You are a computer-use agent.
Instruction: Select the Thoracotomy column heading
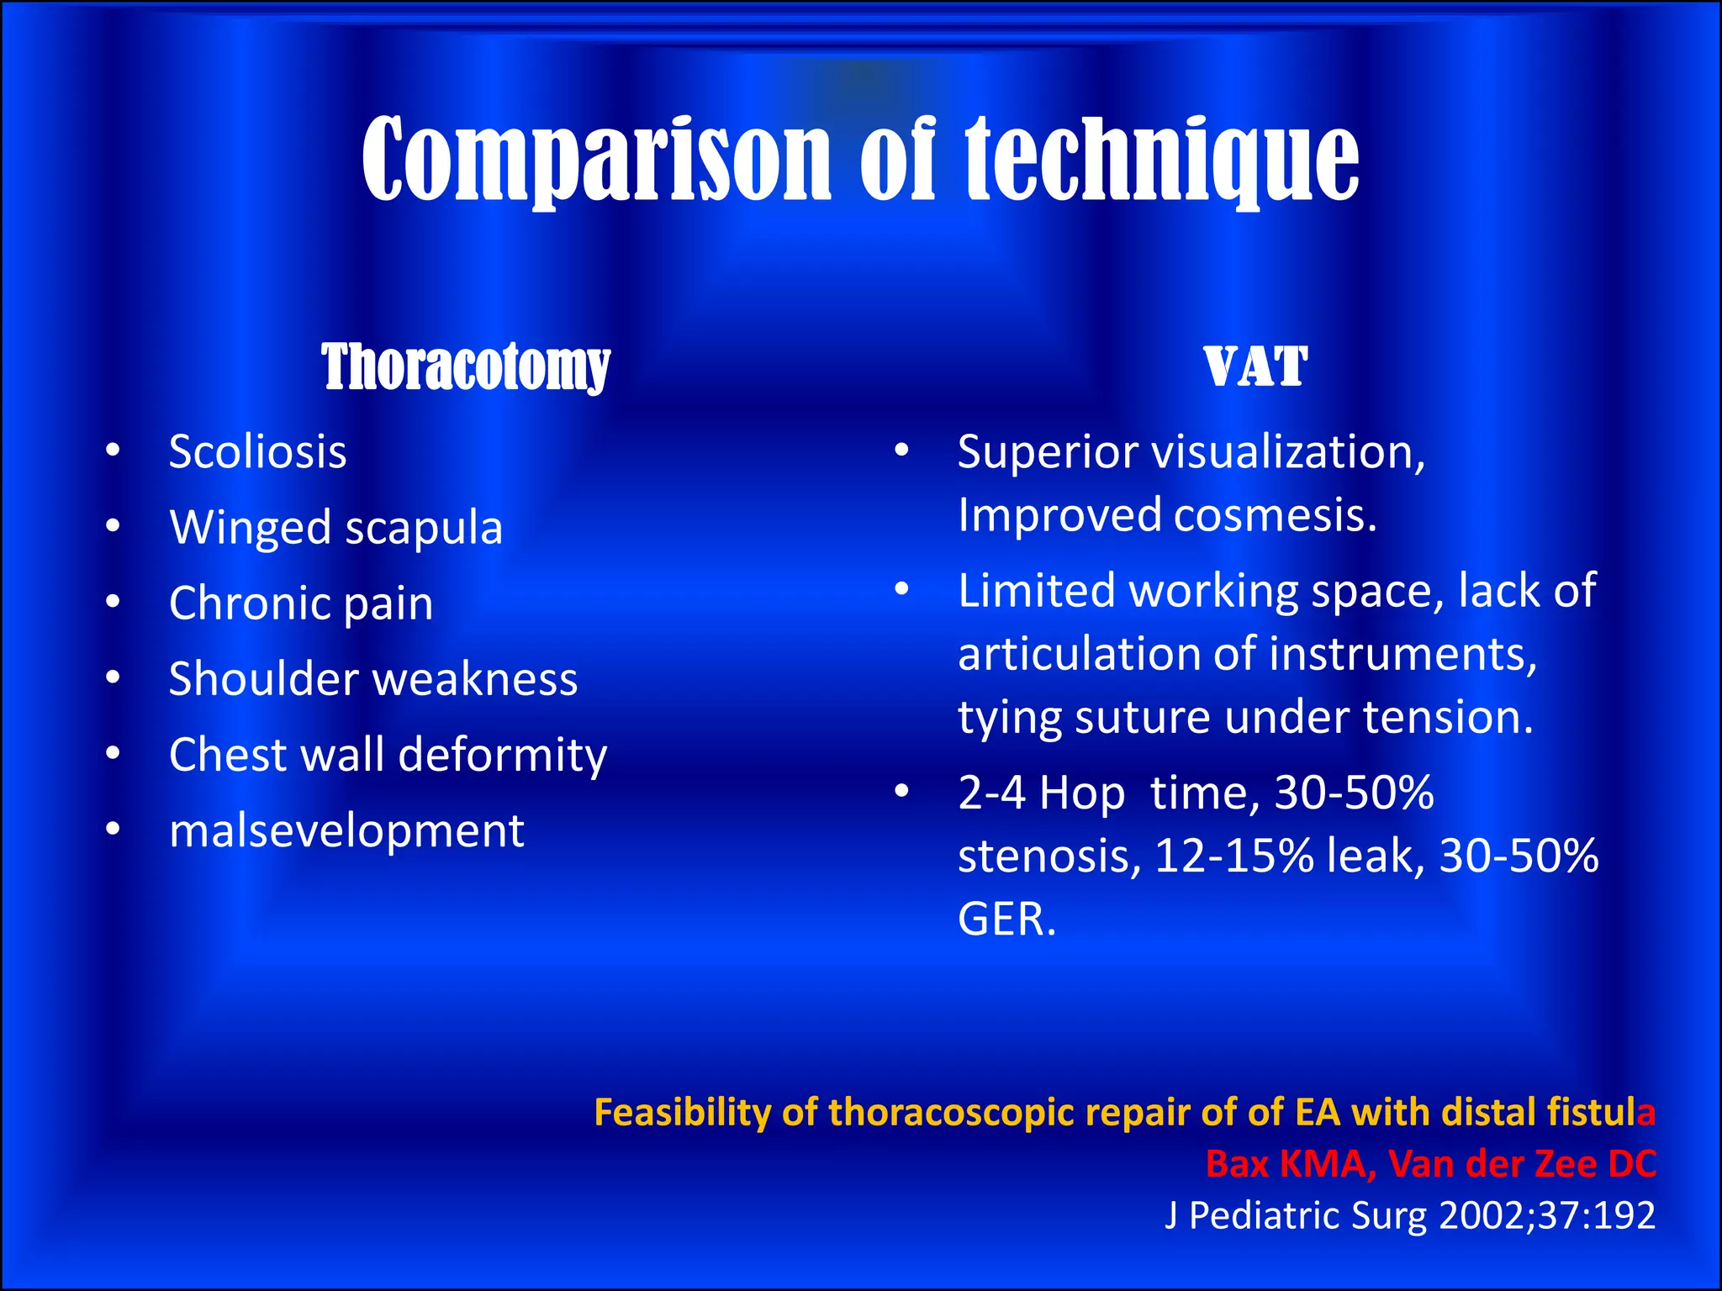tap(465, 367)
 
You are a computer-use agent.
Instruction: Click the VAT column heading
tap(1255, 367)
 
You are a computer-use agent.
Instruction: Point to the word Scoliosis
tap(257, 452)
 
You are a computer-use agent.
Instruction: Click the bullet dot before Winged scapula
tap(114, 526)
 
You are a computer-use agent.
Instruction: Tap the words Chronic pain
tap(301, 603)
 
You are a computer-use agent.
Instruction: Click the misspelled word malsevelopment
tap(346, 830)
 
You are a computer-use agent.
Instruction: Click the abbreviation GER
tap(1006, 919)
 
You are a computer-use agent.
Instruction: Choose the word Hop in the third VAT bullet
tap(1082, 793)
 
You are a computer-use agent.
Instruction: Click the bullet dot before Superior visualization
tap(901, 451)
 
